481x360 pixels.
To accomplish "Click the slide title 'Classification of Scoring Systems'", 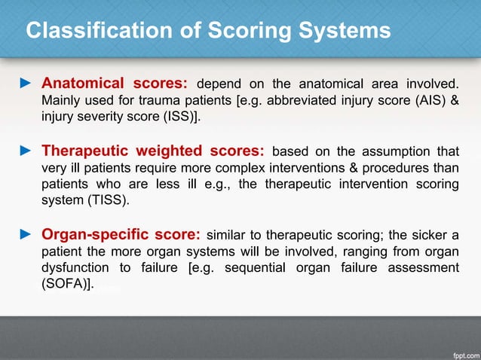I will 208,31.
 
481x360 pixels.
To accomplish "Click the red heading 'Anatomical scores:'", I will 117,82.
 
